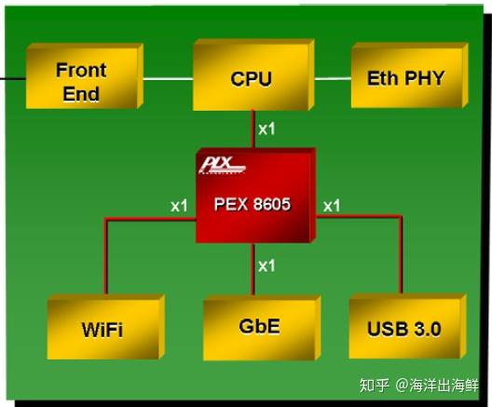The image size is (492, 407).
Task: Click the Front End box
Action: coord(82,80)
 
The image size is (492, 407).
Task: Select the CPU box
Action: coord(251,78)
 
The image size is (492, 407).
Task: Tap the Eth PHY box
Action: coord(404,77)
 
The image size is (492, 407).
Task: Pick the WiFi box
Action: coord(102,328)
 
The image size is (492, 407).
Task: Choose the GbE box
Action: coord(259,327)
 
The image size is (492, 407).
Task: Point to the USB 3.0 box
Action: coord(403,328)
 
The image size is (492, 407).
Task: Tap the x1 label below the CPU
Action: coord(266,129)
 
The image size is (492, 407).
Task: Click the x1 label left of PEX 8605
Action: coord(179,204)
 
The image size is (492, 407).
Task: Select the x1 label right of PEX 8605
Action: coord(332,204)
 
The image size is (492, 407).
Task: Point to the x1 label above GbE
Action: coord(266,265)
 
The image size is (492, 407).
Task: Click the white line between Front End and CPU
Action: coord(168,79)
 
